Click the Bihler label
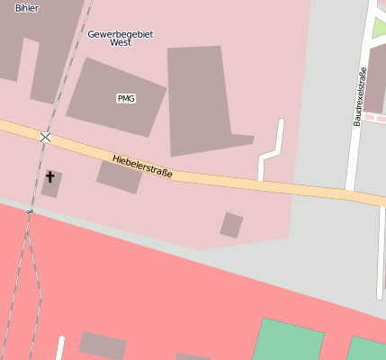(x=27, y=7)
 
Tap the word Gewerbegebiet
(x=121, y=33)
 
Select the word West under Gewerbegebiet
(x=121, y=42)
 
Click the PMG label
(x=126, y=98)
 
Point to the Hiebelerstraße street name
(x=143, y=166)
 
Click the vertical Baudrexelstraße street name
(x=360, y=96)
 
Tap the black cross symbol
(x=50, y=177)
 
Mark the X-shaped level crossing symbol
(x=45, y=137)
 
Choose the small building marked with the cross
(x=51, y=183)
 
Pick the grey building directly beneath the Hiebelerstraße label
(x=120, y=176)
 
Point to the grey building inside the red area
(x=102, y=345)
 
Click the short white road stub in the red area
(x=60, y=348)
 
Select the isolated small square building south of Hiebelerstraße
(x=232, y=225)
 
